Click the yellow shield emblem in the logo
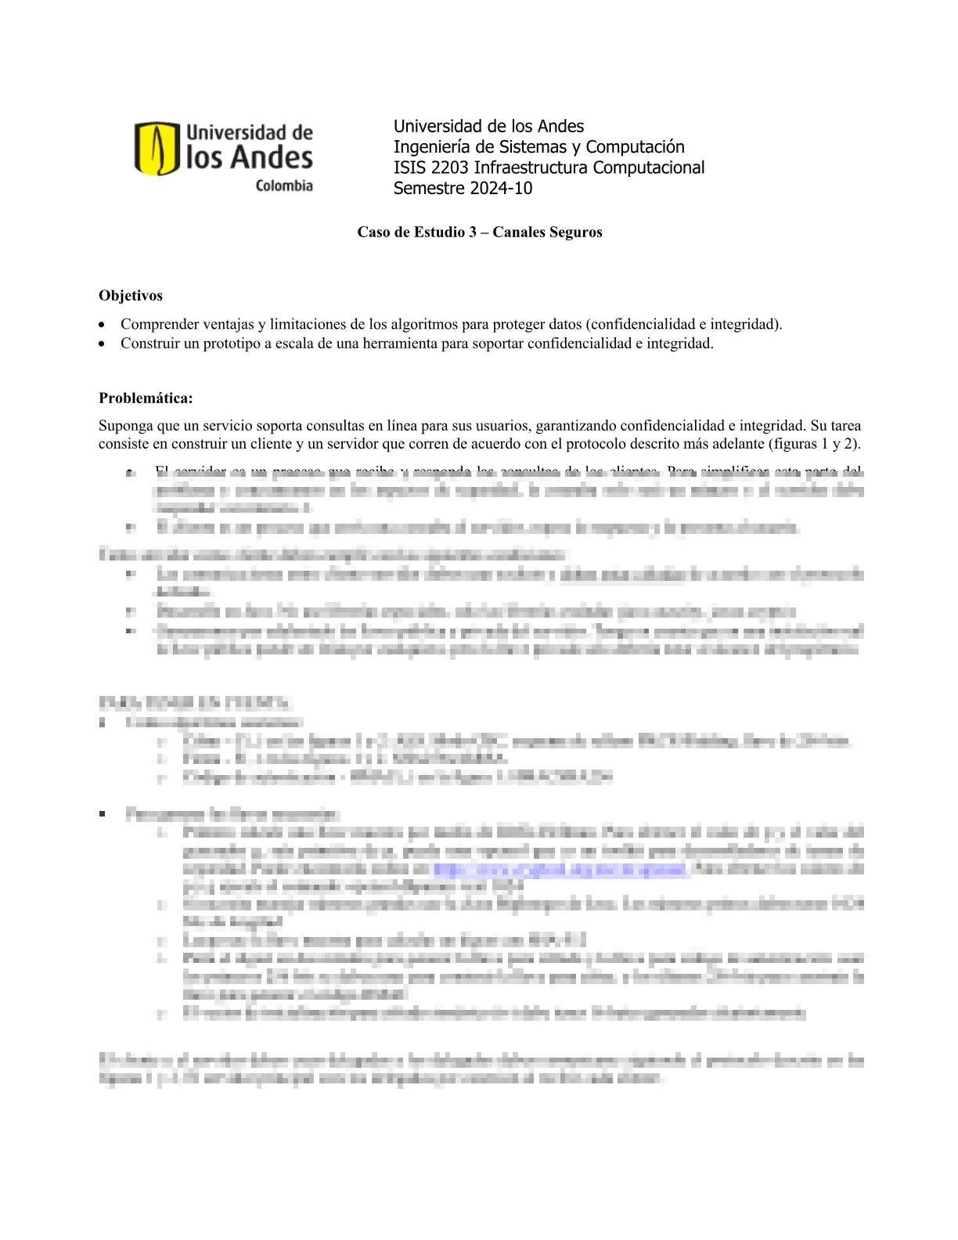pyautogui.click(x=157, y=148)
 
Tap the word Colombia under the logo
pyautogui.click(x=284, y=186)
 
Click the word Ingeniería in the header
pyautogui.click(x=430, y=147)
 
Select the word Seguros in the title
pyautogui.click(x=575, y=232)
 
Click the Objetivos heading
pyautogui.click(x=131, y=296)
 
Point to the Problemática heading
pyautogui.click(x=146, y=398)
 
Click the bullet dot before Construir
pyautogui.click(x=103, y=344)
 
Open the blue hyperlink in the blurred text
pyautogui.click(x=560, y=869)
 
